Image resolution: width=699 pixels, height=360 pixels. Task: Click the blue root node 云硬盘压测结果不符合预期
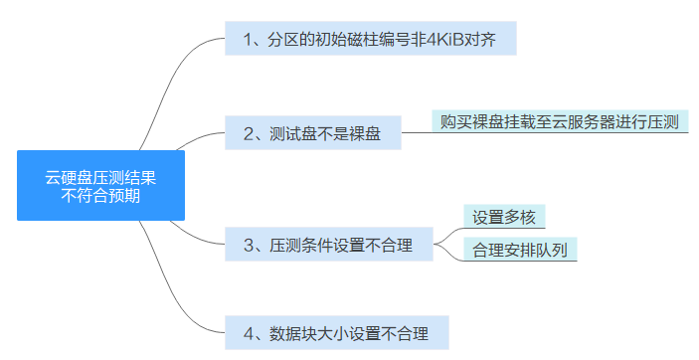101,186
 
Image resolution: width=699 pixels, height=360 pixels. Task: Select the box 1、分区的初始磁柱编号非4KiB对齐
370,41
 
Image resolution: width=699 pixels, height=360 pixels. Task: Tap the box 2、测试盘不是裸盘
313,132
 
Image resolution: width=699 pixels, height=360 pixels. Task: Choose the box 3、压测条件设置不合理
332,243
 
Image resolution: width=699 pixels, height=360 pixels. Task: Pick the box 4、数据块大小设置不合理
337,332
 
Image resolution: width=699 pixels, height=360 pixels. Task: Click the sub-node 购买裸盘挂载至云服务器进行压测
560,121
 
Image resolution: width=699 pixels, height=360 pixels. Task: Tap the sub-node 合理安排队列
520,248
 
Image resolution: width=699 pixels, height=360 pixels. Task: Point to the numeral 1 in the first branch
247,41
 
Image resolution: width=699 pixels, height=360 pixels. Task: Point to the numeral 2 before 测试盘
247,132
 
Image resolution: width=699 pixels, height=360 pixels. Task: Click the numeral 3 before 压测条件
248,243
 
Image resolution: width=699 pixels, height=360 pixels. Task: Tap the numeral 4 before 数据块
248,332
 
